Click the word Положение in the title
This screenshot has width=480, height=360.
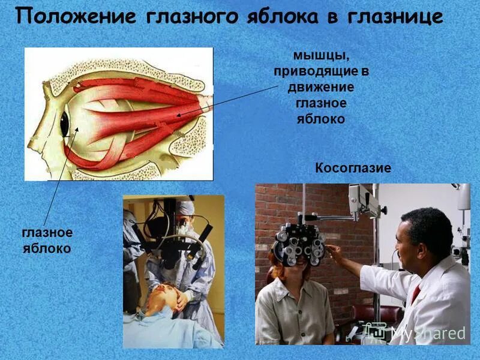75,17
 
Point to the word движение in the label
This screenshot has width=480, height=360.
322,88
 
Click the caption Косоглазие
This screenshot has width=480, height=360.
353,169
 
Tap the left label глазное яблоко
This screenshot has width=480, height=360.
47,240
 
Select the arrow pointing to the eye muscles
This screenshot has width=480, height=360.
228,100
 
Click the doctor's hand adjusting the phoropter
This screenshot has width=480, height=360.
334,253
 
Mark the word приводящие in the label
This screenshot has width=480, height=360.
321,71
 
